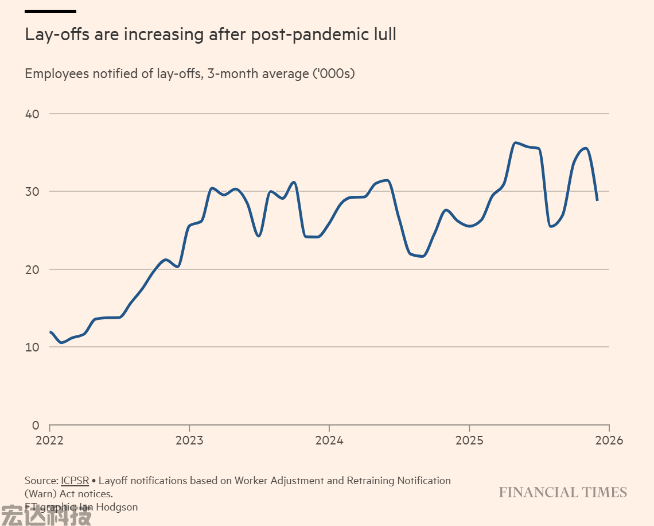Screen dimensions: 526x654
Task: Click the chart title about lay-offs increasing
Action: pyautogui.click(x=211, y=34)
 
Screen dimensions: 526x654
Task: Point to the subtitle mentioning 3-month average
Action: pyautogui.click(x=190, y=74)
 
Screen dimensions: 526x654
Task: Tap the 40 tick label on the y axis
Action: pyautogui.click(x=32, y=114)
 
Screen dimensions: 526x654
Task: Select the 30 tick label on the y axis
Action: pyautogui.click(x=32, y=191)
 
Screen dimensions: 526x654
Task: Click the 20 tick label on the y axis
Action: pyautogui.click(x=32, y=269)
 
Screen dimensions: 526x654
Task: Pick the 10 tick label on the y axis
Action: pyautogui.click(x=32, y=347)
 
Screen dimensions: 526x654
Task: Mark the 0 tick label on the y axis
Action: pyautogui.click(x=36, y=426)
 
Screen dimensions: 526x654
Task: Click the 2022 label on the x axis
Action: pyautogui.click(x=50, y=440)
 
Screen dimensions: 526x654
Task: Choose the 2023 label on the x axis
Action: pyautogui.click(x=189, y=440)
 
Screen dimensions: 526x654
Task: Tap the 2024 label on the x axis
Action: pyautogui.click(x=329, y=440)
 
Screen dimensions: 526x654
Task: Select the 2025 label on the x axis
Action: pyautogui.click(x=469, y=440)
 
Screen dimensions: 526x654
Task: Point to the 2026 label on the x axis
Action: pyautogui.click(x=609, y=440)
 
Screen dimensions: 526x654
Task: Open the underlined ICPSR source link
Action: pyautogui.click(x=75, y=481)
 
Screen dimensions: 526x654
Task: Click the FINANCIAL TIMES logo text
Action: pyautogui.click(x=563, y=493)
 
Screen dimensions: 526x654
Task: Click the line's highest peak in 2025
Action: pyautogui.click(x=516, y=142)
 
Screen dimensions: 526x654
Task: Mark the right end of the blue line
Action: pyautogui.click(x=597, y=200)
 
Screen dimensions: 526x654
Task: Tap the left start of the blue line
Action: pyautogui.click(x=50, y=332)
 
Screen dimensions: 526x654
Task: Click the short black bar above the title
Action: pyautogui.click(x=50, y=11)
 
